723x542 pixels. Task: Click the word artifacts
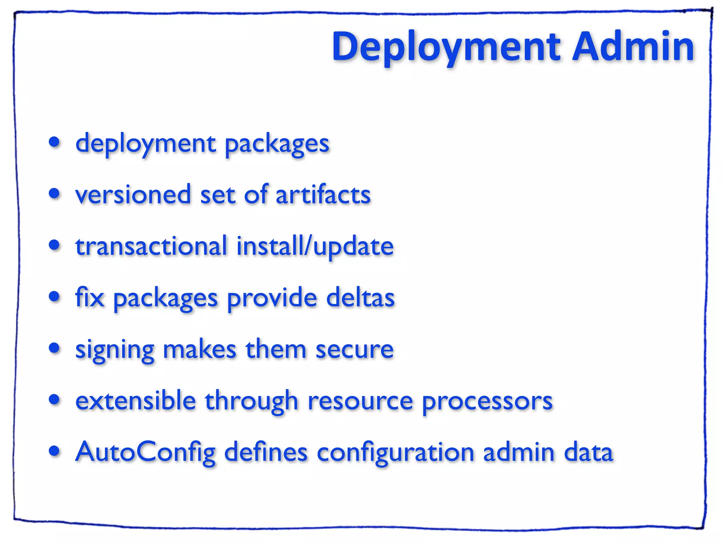(x=323, y=195)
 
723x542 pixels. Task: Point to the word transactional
(x=151, y=246)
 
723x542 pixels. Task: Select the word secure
(x=354, y=349)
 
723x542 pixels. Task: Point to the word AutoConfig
(x=145, y=453)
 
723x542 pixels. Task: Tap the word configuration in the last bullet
(x=395, y=453)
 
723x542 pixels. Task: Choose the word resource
(x=360, y=401)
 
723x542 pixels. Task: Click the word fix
(x=90, y=297)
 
